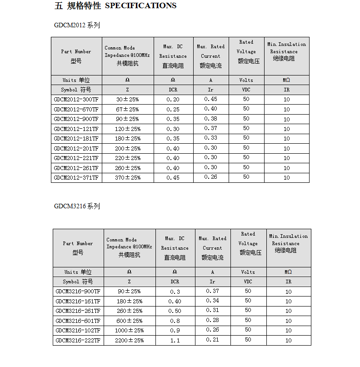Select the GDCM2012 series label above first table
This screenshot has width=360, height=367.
coord(76,25)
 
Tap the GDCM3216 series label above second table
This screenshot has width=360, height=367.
coord(76,206)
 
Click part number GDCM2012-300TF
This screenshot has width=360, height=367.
coord(76,99)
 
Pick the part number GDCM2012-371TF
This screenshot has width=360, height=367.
coord(76,177)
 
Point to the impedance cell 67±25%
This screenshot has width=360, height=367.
coord(127,109)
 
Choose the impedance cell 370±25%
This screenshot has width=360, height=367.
coord(127,177)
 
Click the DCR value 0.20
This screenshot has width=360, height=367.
coord(173,100)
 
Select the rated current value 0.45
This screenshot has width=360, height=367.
coord(210,99)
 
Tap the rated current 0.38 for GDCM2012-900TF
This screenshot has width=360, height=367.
coord(210,119)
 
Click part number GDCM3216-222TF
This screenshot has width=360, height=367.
coord(78,340)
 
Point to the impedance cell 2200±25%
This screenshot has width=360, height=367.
coord(129,340)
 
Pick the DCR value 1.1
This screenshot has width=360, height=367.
coord(175,340)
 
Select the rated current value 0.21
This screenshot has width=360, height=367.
coord(212,340)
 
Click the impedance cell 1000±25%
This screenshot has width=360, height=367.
coord(129,331)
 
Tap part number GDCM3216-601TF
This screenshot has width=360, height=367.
coord(78,321)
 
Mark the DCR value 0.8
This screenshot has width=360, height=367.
coord(175,321)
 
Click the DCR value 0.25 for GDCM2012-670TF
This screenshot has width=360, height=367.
coord(173,109)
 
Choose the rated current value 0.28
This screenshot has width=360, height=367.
coord(212,320)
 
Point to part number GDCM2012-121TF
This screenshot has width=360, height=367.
coord(76,129)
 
